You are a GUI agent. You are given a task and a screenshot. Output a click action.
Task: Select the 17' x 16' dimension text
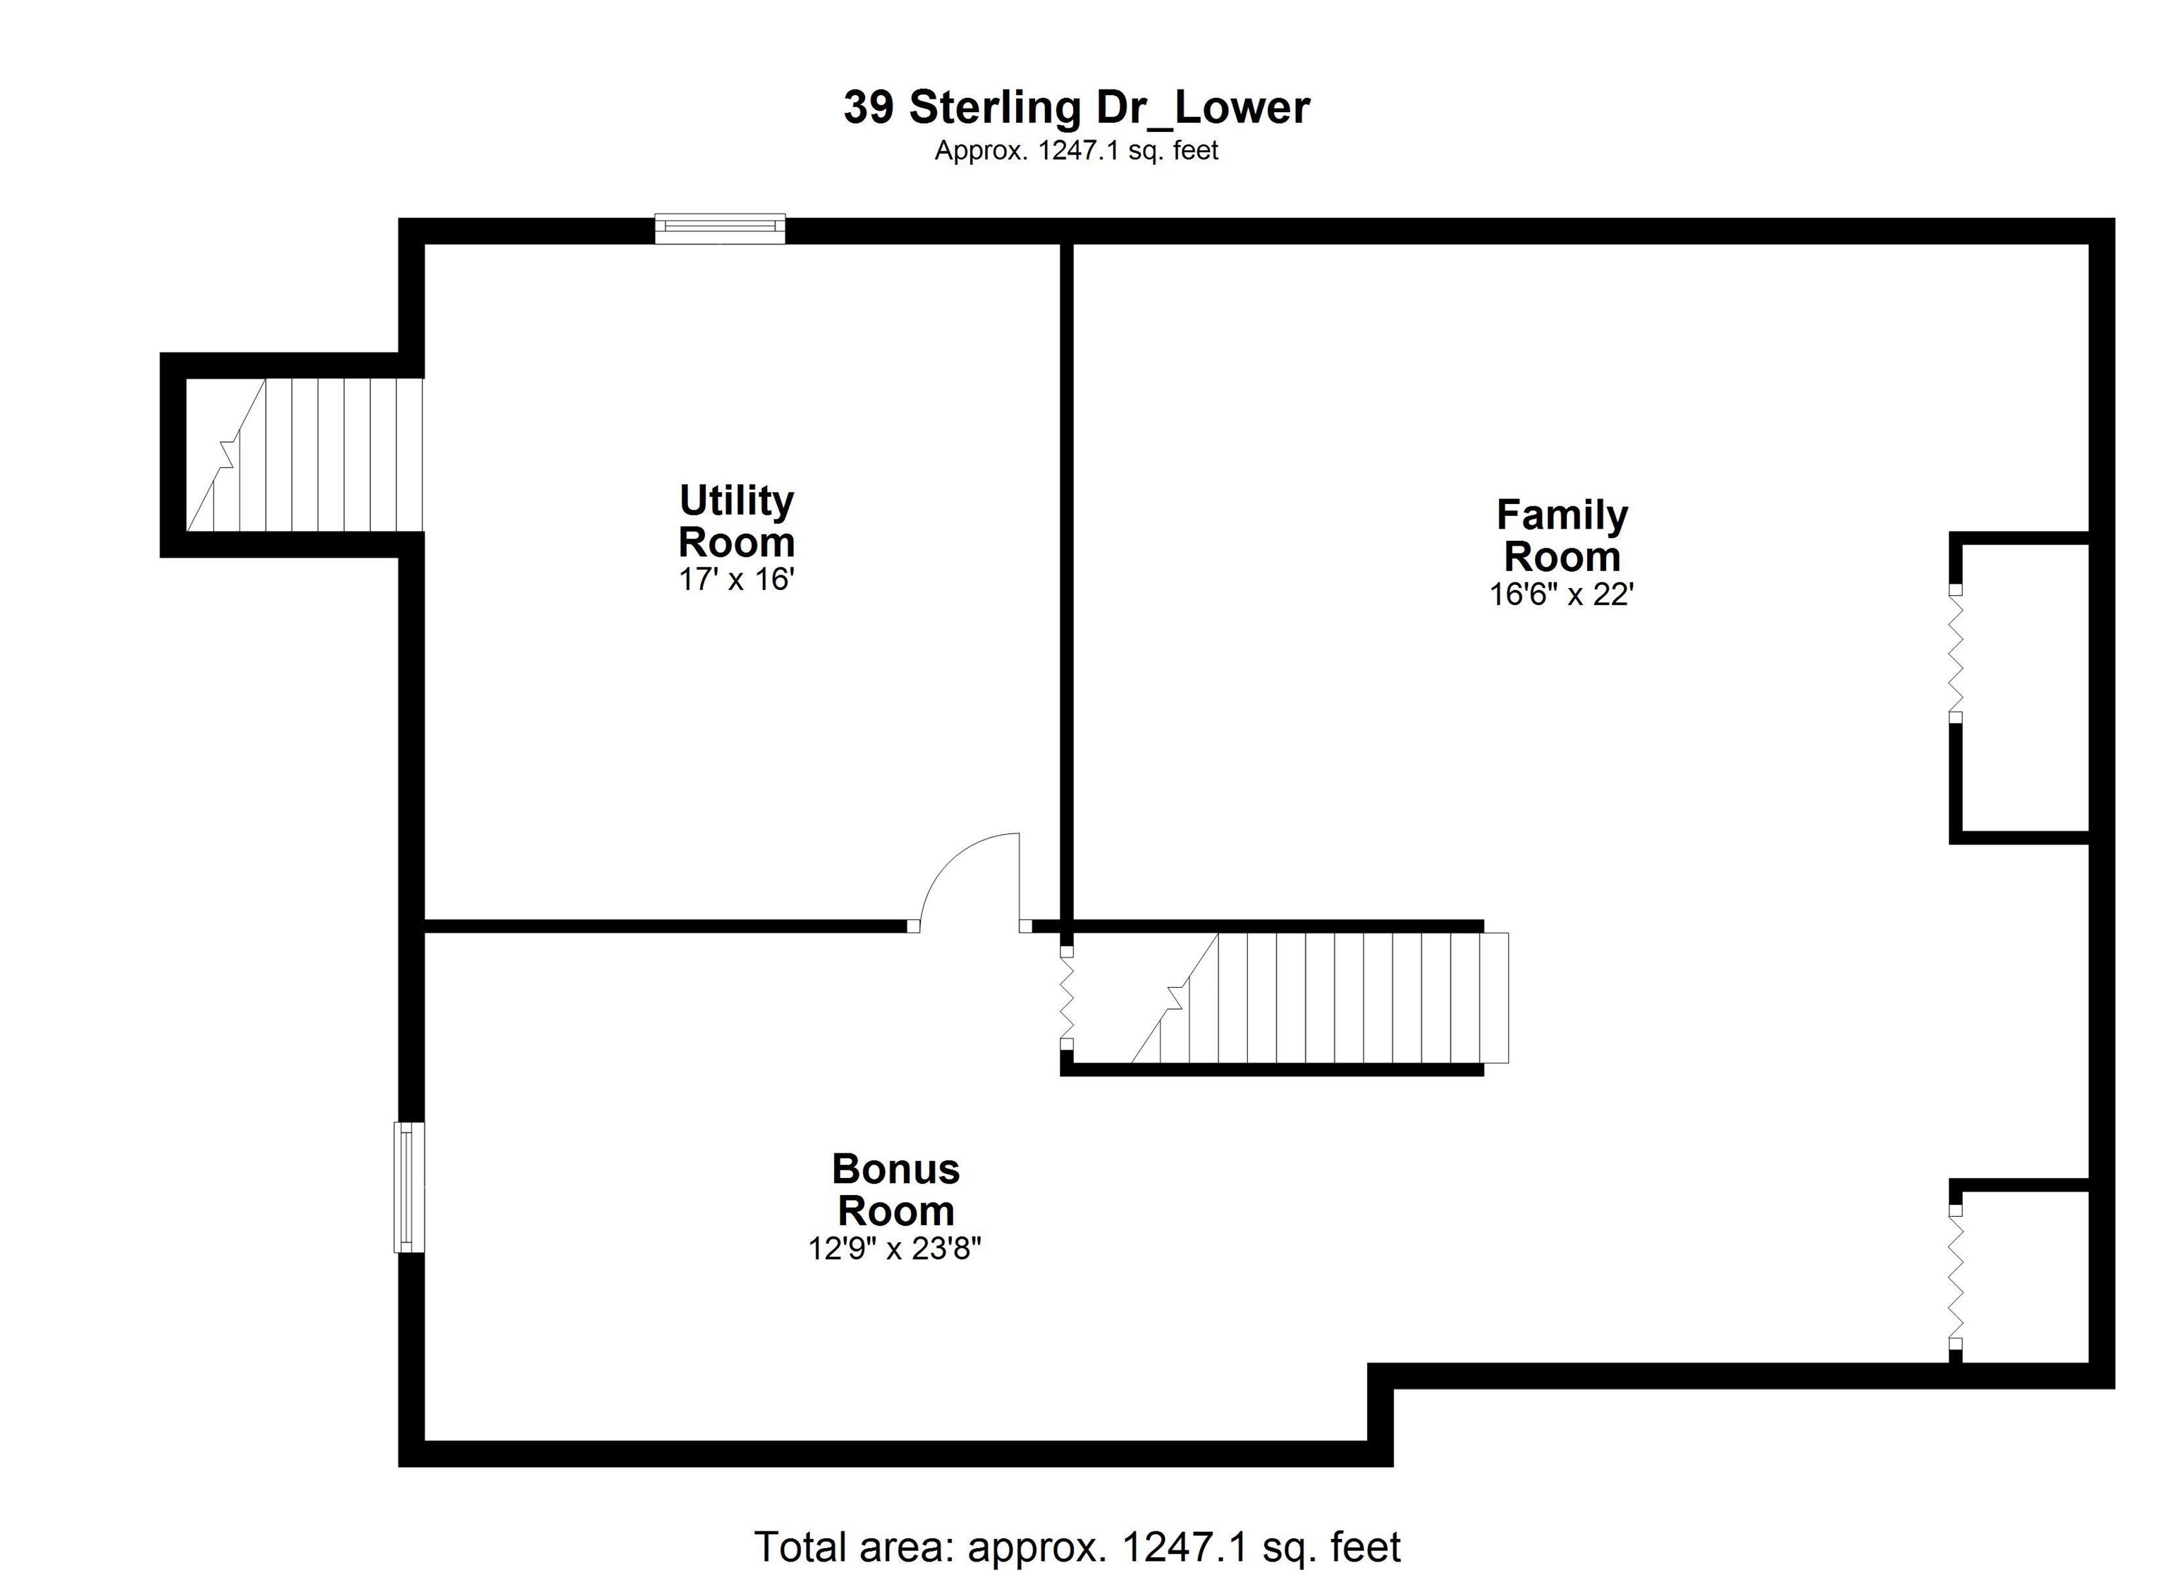[x=736, y=579]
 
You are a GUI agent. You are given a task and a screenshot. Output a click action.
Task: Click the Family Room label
[x=1562, y=535]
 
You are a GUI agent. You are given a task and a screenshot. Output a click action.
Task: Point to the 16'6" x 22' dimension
[x=1562, y=594]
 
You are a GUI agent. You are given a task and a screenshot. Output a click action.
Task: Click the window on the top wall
[x=720, y=228]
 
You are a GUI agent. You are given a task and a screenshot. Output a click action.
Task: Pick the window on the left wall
[x=409, y=1187]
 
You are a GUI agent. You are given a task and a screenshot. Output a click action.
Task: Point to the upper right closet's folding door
[x=1955, y=654]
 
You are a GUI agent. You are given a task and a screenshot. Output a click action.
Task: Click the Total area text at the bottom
[x=1077, y=1546]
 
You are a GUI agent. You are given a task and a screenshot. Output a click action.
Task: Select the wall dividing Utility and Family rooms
[x=1067, y=573]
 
